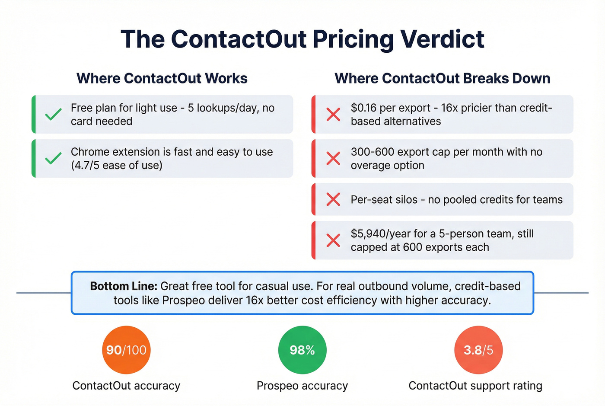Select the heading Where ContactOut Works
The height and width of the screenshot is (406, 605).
(162, 78)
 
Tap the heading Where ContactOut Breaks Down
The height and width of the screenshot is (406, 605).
(442, 78)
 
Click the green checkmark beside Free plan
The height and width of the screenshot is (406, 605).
(53, 115)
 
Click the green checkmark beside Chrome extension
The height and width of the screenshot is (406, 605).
(53, 158)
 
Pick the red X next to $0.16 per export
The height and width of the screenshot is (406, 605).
(333, 115)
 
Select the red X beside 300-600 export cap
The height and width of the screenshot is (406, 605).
(333, 158)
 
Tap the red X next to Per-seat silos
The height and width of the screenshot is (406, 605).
(333, 199)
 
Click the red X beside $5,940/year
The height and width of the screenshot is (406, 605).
(333, 240)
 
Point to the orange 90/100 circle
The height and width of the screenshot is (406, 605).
(126, 350)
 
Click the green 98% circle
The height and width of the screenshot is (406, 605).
(302, 350)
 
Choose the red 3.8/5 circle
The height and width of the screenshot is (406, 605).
(478, 350)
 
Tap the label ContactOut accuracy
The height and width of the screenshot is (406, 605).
(126, 386)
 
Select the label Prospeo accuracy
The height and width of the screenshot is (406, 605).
(302, 386)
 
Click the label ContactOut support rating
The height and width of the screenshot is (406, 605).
(475, 386)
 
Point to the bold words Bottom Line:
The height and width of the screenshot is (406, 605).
(124, 286)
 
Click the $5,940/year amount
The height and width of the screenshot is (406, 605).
(380, 234)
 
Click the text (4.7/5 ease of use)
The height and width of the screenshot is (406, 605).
(117, 165)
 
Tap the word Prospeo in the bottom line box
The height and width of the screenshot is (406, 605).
(183, 300)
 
